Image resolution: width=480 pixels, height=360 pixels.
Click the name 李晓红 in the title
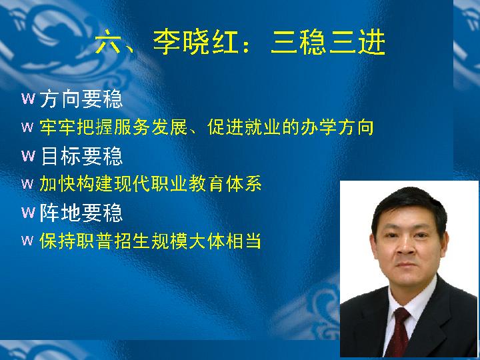pos(195,43)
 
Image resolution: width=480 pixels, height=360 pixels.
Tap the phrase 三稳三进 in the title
pos(328,43)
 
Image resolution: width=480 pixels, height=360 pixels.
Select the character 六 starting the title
pos(108,43)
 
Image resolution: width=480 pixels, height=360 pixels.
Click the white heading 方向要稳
pos(81,99)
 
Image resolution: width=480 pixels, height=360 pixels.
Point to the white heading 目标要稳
pos(81,156)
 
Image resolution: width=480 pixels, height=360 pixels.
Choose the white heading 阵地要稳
pos(81,213)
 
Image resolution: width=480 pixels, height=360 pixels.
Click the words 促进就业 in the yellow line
pos(244,127)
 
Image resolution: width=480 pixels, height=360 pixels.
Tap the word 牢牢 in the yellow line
pos(57,127)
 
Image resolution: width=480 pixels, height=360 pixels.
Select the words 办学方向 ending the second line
pos(337,127)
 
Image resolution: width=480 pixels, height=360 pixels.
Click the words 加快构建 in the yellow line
pos(76,184)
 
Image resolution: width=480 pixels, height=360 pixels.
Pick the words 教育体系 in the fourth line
pos(225,184)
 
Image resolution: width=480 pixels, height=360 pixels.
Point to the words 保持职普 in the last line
pos(76,241)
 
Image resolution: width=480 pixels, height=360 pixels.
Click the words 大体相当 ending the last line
pos(225,241)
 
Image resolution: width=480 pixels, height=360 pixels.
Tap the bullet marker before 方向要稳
pos(28,99)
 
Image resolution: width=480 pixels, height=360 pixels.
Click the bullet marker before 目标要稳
pos(28,156)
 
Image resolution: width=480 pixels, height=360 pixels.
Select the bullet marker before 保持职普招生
pos(27,240)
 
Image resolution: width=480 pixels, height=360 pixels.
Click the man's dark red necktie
pos(399,332)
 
